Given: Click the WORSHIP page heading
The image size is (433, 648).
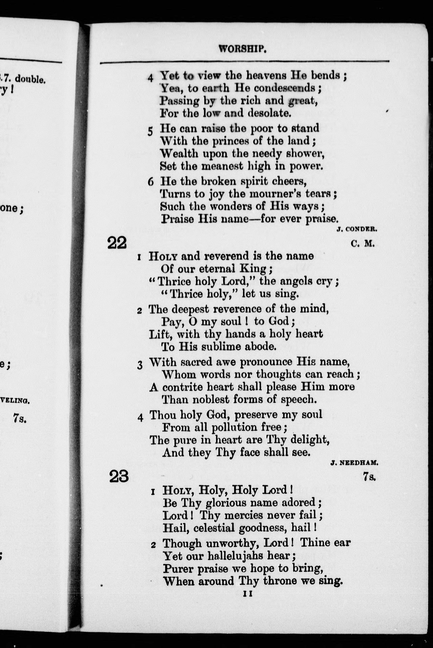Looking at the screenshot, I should pos(242,49).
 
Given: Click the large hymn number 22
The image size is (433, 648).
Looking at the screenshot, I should pos(117,243).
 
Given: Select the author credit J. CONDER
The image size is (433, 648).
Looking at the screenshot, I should pos(357,229).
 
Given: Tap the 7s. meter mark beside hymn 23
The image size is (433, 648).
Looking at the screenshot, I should pos(369,477).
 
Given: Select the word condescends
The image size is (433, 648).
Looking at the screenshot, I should pos(285,88).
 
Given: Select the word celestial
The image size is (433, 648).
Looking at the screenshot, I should pos(214,528).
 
